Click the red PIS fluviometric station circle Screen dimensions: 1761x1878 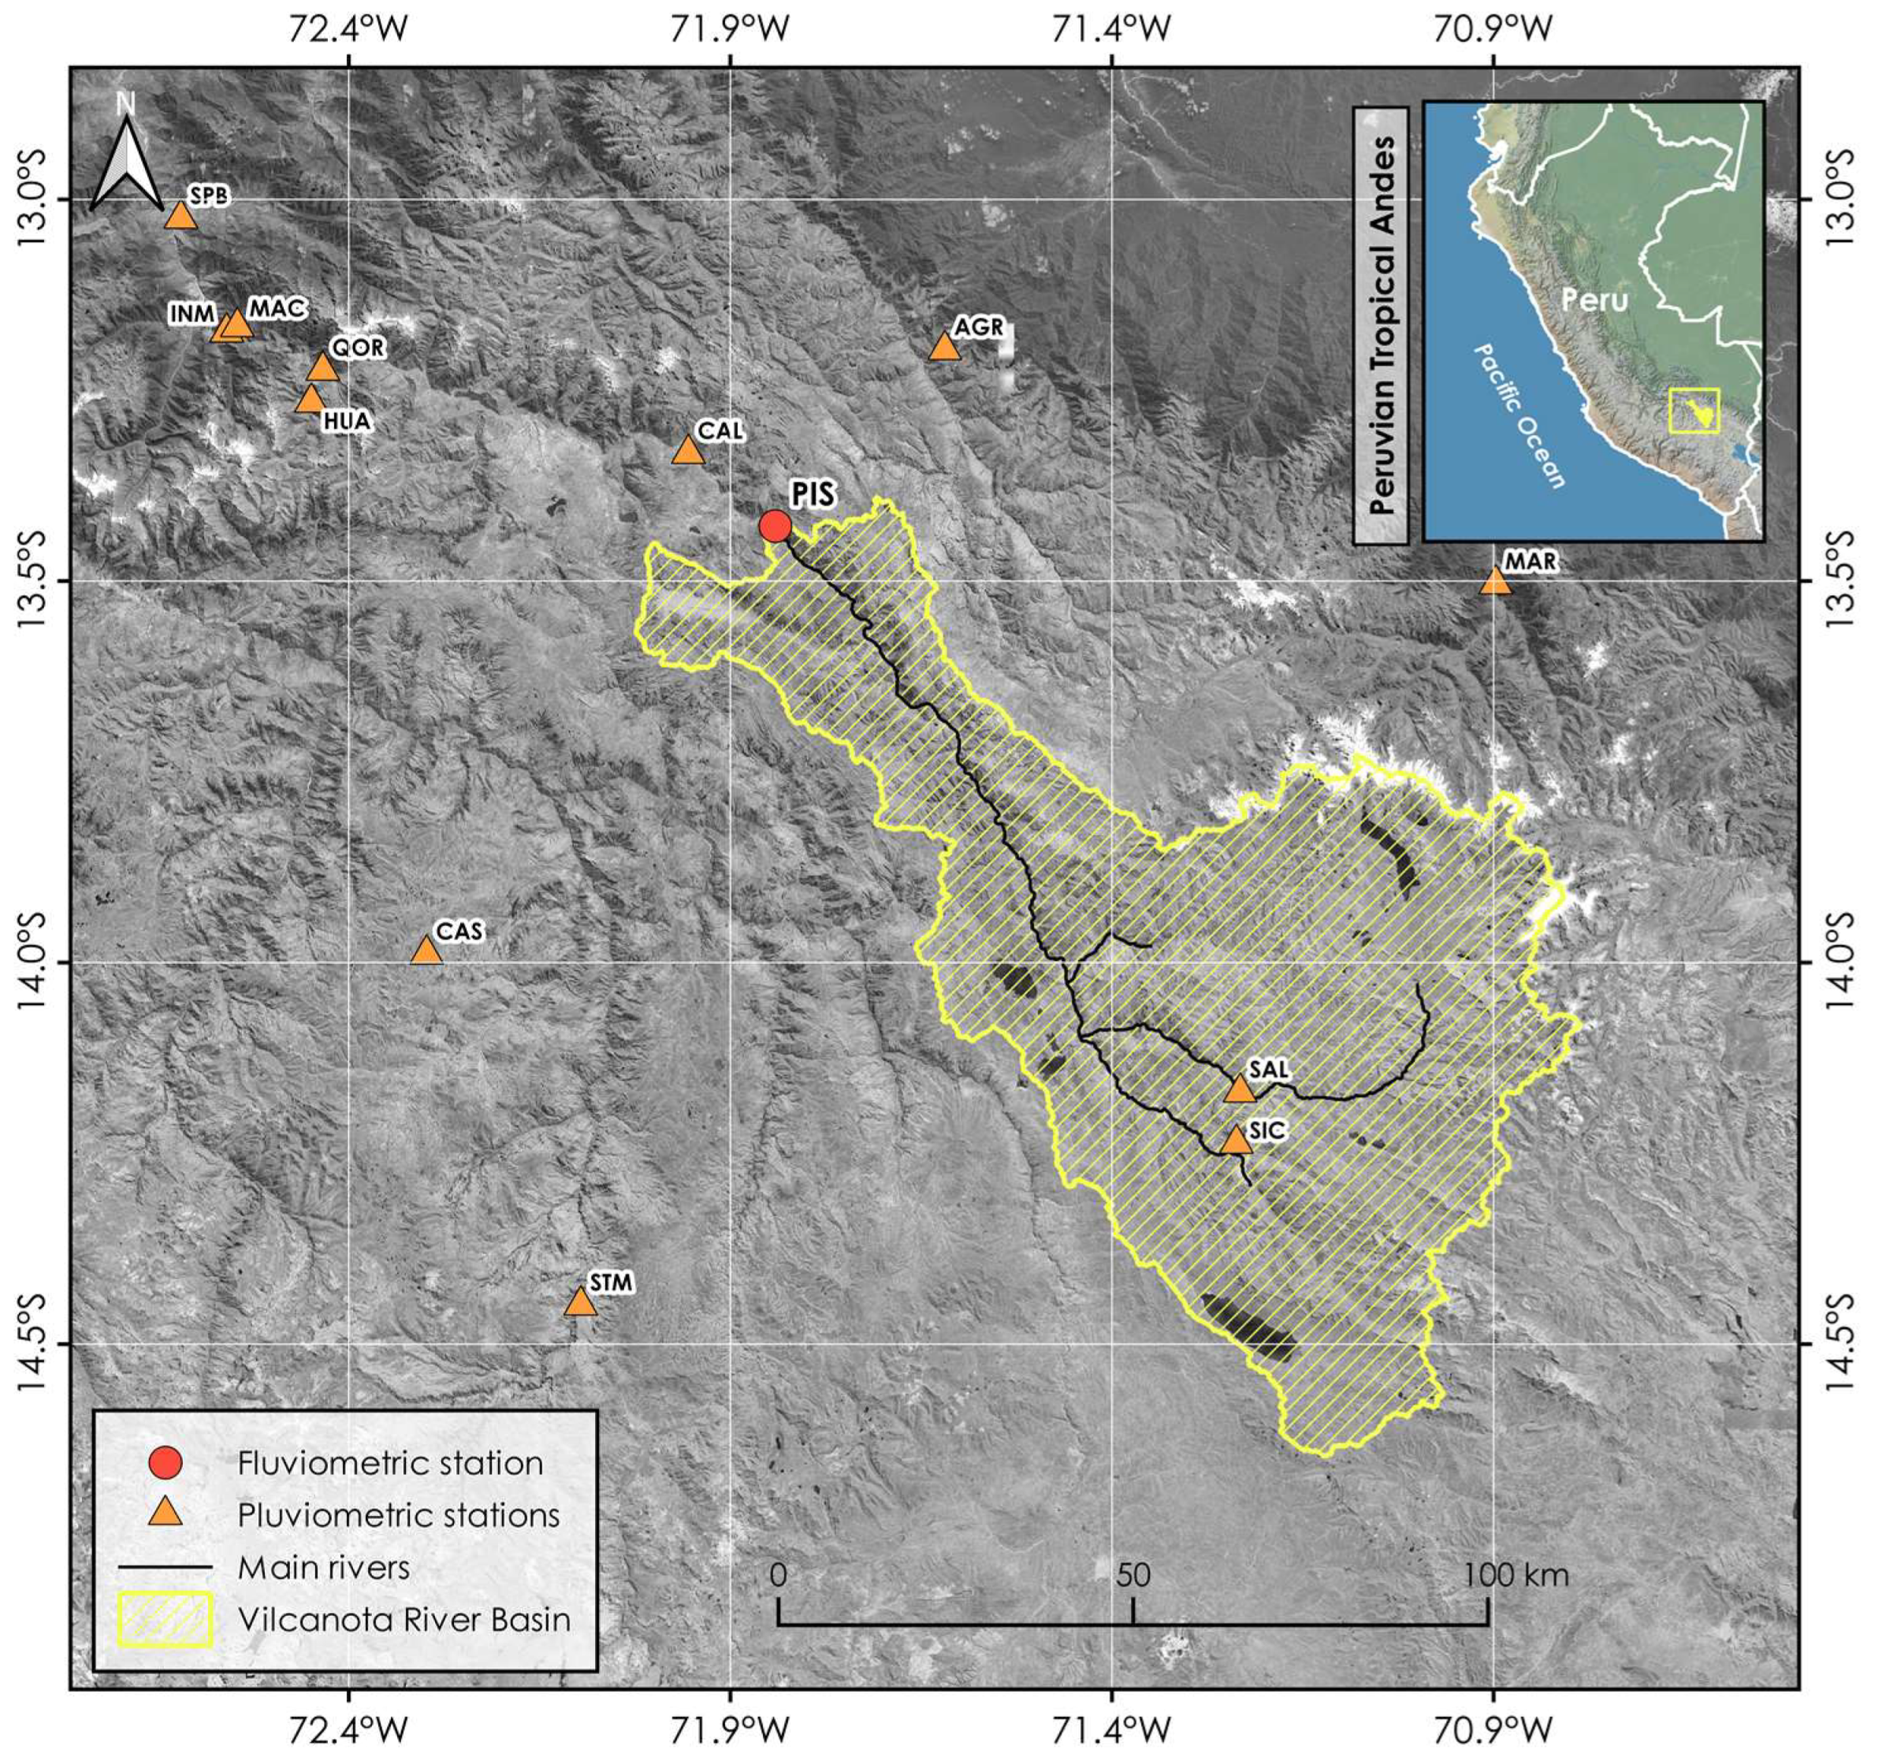[775, 527]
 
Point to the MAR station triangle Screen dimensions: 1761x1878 [1494, 581]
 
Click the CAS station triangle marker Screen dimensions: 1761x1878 [426, 951]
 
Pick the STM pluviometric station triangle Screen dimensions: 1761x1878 [580, 1303]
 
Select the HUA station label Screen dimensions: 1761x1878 [346, 422]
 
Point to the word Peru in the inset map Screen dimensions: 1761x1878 [1594, 300]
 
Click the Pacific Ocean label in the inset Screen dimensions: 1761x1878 [1521, 415]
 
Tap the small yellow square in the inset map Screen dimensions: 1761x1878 [1694, 411]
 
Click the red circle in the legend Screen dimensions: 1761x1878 [167, 1463]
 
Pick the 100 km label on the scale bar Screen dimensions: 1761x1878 [1516, 1575]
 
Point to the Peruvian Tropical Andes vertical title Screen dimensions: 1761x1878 [1381, 325]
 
